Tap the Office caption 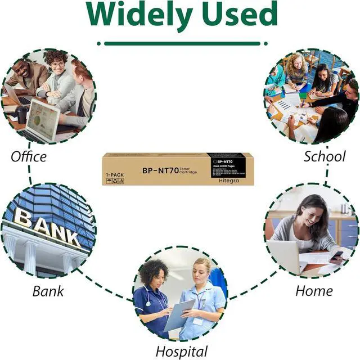point(29,156)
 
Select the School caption point(325,156)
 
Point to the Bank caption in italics point(48,291)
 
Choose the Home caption point(314,291)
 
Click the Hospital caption point(182,352)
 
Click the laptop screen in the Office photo point(43,119)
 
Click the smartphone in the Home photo point(335,254)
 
